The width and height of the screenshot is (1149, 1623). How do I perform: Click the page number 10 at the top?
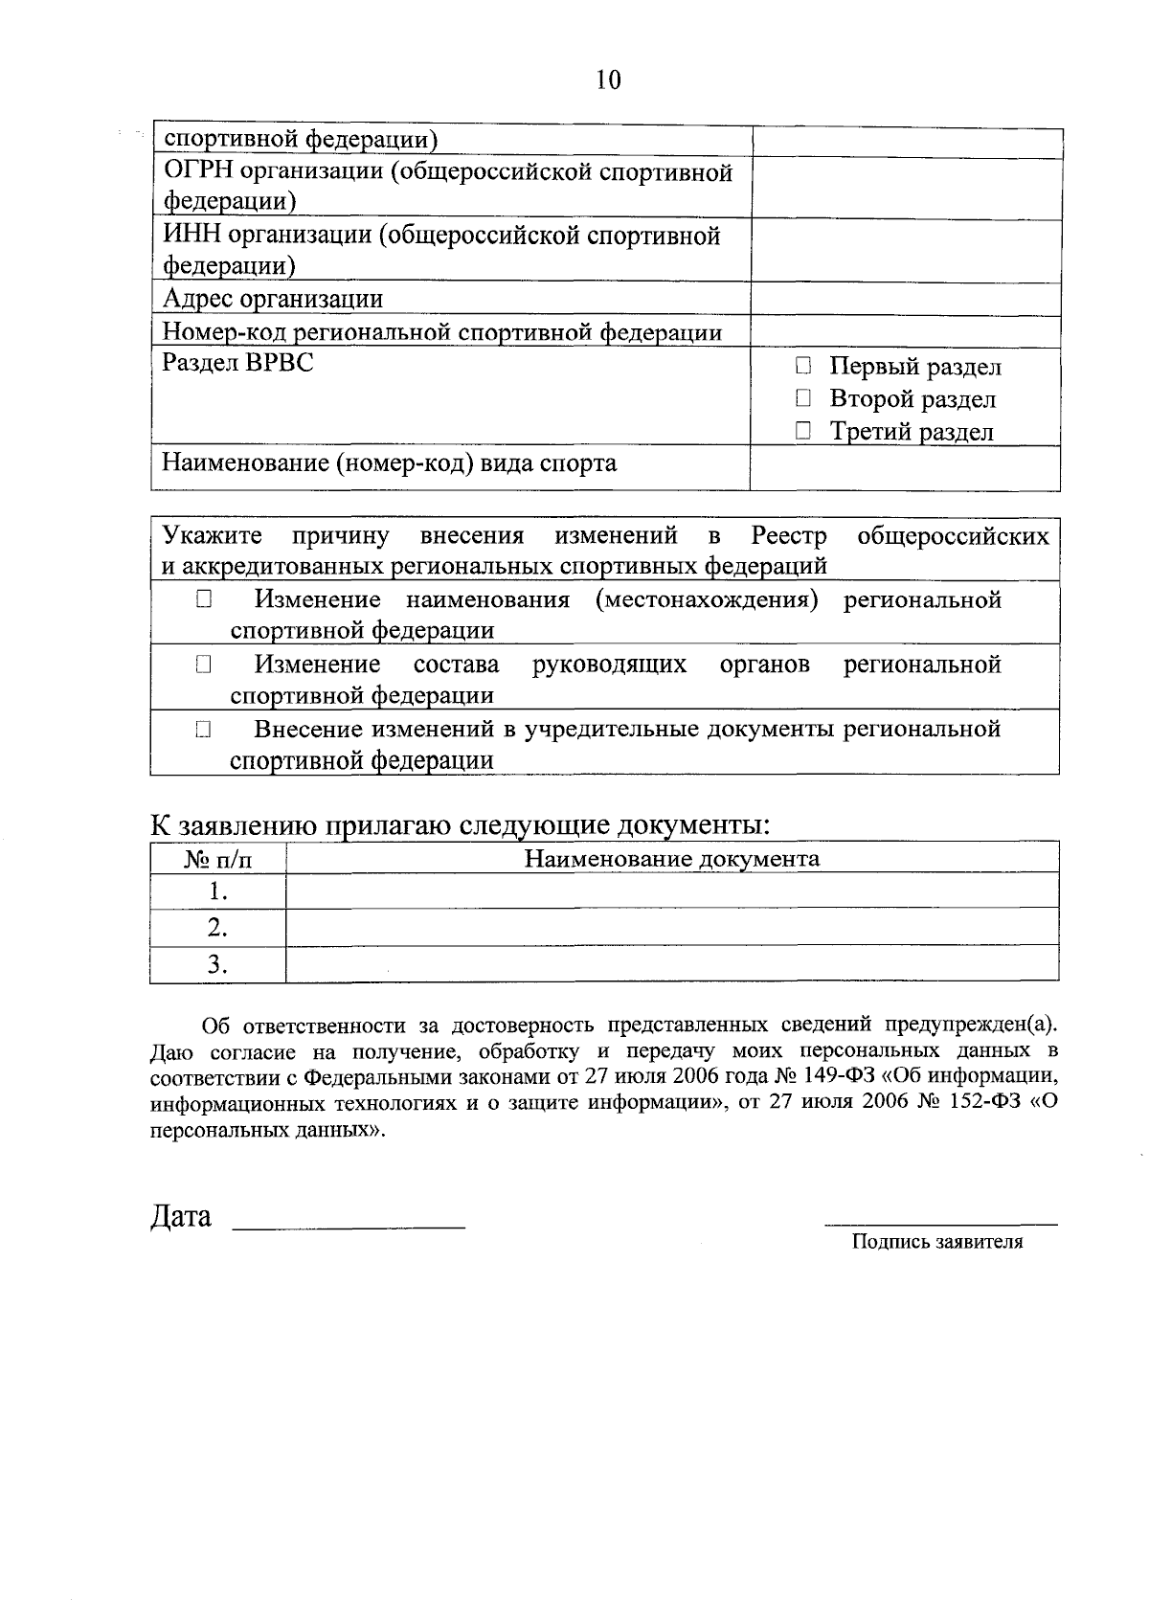[608, 79]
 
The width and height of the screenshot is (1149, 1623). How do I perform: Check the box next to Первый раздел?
[803, 366]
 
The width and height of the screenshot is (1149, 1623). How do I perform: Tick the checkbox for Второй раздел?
[803, 398]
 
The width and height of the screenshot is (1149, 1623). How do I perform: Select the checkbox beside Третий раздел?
[803, 432]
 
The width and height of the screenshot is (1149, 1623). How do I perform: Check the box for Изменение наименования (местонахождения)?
[203, 600]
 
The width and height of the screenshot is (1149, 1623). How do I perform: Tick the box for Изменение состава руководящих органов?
[203, 665]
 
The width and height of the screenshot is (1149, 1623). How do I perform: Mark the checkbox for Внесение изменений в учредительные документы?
[203, 730]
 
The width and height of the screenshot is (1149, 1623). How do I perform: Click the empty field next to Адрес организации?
[906, 300]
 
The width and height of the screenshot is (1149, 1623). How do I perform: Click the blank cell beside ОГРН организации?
[906, 189]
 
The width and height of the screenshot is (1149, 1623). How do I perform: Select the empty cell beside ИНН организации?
[906, 251]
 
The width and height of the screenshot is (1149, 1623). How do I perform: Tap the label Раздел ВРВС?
[237, 364]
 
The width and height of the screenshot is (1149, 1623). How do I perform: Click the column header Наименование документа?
[672, 858]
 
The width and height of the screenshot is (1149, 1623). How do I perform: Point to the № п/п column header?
[218, 859]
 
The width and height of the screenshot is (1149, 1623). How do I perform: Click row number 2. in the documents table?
[218, 927]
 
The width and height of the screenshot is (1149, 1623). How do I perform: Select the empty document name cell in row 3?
[672, 963]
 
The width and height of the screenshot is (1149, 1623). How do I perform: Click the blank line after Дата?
[349, 1220]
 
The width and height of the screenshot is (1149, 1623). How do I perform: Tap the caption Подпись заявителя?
[937, 1242]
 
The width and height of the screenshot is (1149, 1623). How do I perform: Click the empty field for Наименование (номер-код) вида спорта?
[906, 468]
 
